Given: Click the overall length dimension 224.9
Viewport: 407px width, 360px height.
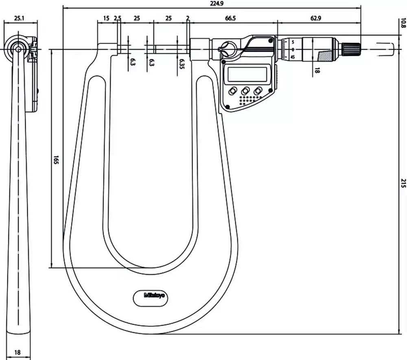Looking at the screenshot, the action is pyautogui.click(x=217, y=3).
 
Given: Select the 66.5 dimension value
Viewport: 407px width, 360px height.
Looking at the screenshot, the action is pyautogui.click(x=230, y=18).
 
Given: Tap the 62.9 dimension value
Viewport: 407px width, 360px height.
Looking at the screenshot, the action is pyautogui.click(x=316, y=18).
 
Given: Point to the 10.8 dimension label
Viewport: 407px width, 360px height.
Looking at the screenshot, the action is pyautogui.click(x=403, y=23).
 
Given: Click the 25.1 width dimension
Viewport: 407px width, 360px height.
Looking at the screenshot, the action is pyautogui.click(x=19, y=18).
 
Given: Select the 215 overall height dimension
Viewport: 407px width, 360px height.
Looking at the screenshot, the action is pyautogui.click(x=403, y=183).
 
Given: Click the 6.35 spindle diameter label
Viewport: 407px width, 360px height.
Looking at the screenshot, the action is pyautogui.click(x=182, y=64).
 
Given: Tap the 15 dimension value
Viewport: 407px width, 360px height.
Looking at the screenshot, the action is pyautogui.click(x=106, y=18).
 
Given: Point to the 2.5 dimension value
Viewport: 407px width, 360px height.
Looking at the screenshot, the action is pyautogui.click(x=117, y=18).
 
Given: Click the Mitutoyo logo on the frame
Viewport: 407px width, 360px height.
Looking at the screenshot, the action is pyautogui.click(x=154, y=295).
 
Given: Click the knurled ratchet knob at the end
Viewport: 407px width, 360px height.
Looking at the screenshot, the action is pyautogui.click(x=351, y=49).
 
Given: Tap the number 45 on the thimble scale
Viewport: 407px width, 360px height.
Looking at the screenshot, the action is pyautogui.click(x=293, y=57).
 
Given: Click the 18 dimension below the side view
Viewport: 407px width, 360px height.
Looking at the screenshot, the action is pyautogui.click(x=18, y=353).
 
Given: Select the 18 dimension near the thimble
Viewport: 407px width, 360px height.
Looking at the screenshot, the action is pyautogui.click(x=317, y=70).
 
